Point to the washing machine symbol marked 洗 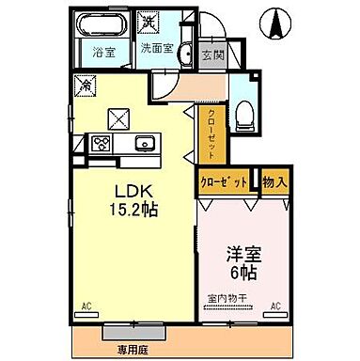tap(149, 20)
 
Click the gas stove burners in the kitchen tap(102, 143)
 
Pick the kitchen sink tap(146, 144)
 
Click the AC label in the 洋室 tap(276, 306)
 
